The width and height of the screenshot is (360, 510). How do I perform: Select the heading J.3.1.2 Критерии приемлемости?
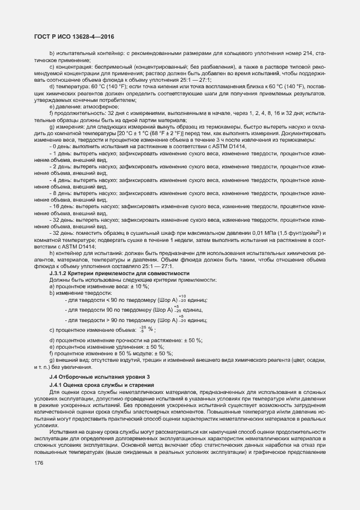(119, 273)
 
